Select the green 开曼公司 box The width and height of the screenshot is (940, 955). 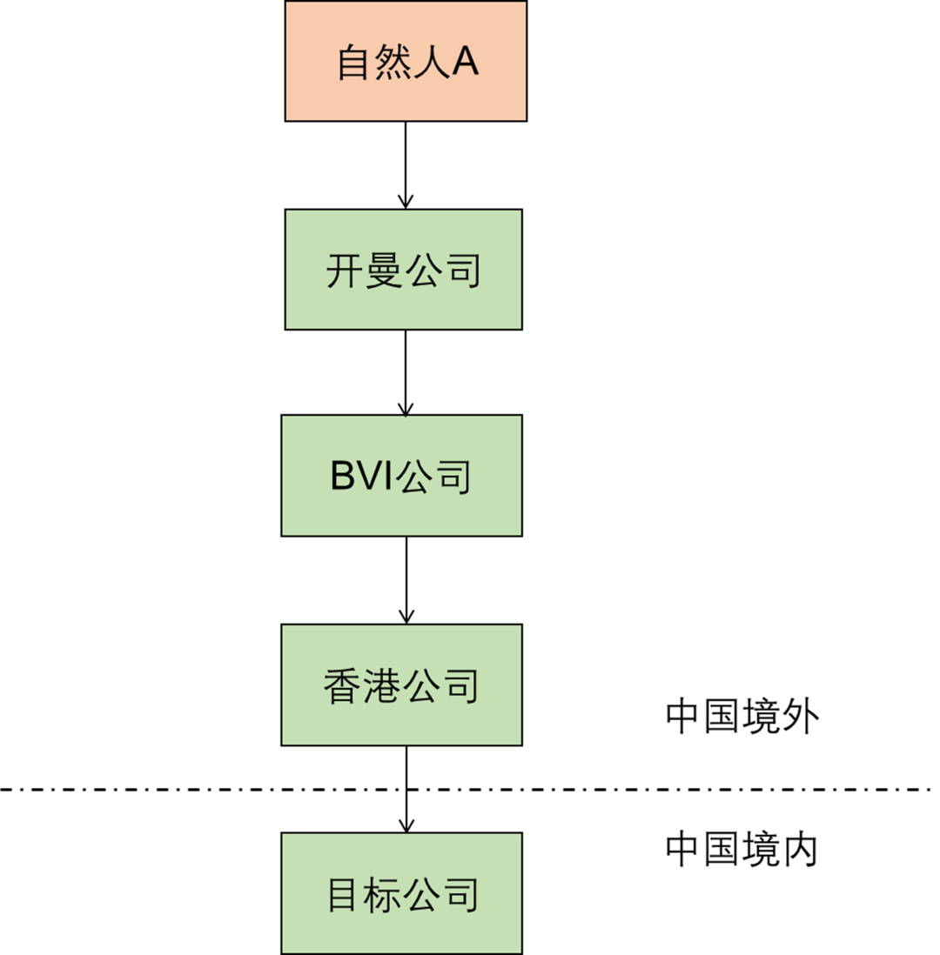coord(404,270)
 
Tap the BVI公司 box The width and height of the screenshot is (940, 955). coord(402,475)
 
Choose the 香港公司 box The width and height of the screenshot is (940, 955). coord(402,685)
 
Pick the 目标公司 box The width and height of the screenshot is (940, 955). coord(402,893)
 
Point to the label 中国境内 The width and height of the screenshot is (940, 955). coord(742,850)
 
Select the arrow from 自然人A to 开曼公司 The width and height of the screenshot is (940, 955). coord(405,165)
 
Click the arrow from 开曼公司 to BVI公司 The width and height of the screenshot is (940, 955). coord(405,371)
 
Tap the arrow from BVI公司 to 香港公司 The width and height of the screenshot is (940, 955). coord(406,579)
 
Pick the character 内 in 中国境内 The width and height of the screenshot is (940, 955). coord(801,851)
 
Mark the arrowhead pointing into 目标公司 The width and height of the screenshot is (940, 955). coord(406,825)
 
